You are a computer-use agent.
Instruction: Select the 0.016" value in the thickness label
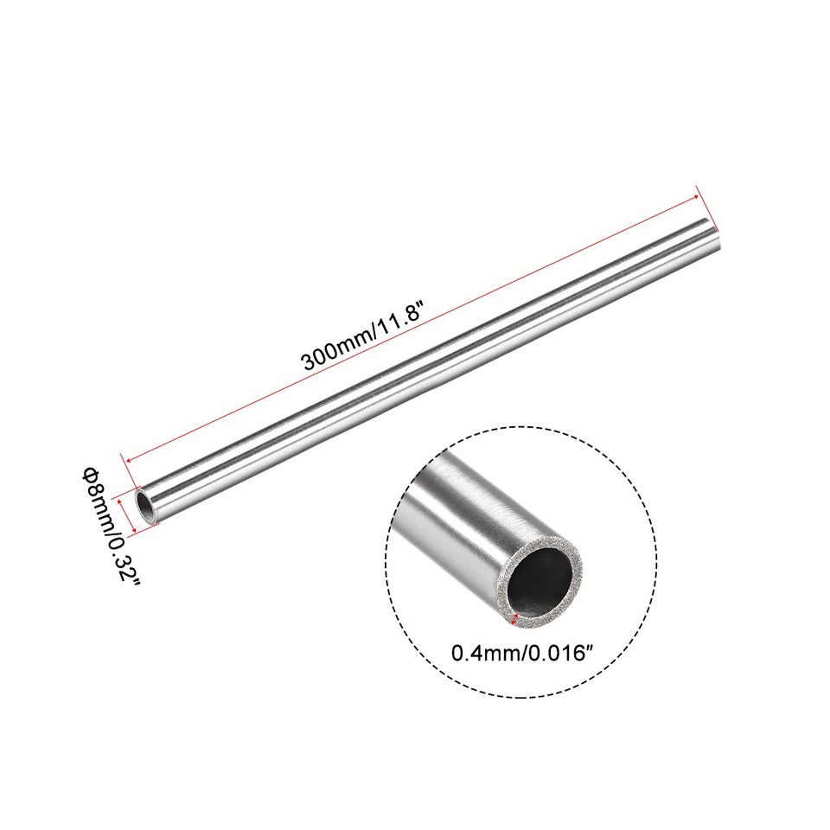point(562,652)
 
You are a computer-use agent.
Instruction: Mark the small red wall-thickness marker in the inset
point(516,617)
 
